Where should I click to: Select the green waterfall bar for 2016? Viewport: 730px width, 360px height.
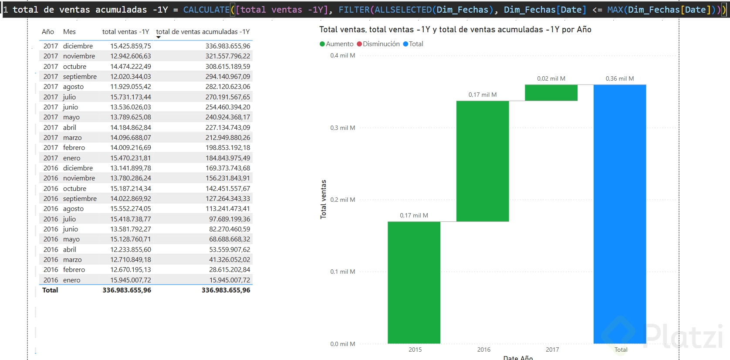point(482,161)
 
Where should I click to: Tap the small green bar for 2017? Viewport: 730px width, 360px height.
point(551,93)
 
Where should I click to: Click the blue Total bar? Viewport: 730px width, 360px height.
point(619,214)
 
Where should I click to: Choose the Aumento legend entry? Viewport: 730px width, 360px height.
point(337,44)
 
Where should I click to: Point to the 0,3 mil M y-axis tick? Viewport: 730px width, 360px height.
point(342,128)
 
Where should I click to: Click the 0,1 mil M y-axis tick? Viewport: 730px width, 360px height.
point(342,272)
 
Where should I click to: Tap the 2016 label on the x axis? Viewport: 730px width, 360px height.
point(483,350)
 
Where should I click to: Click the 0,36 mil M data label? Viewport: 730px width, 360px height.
point(619,78)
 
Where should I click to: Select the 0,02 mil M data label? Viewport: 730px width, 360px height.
point(551,78)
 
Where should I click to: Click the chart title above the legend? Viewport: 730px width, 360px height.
point(455,30)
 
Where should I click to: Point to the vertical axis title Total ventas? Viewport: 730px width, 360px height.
point(323,199)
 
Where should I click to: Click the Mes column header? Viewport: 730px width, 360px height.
point(69,32)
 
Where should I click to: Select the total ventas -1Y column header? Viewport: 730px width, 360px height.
point(125,32)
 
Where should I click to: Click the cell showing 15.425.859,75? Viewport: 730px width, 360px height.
point(130,46)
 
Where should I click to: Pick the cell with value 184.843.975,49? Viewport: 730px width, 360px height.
point(228,158)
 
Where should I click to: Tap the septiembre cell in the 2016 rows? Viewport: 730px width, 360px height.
point(80,199)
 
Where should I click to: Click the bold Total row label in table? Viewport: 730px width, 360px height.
point(50,290)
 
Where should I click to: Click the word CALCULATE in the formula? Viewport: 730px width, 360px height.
point(206,10)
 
